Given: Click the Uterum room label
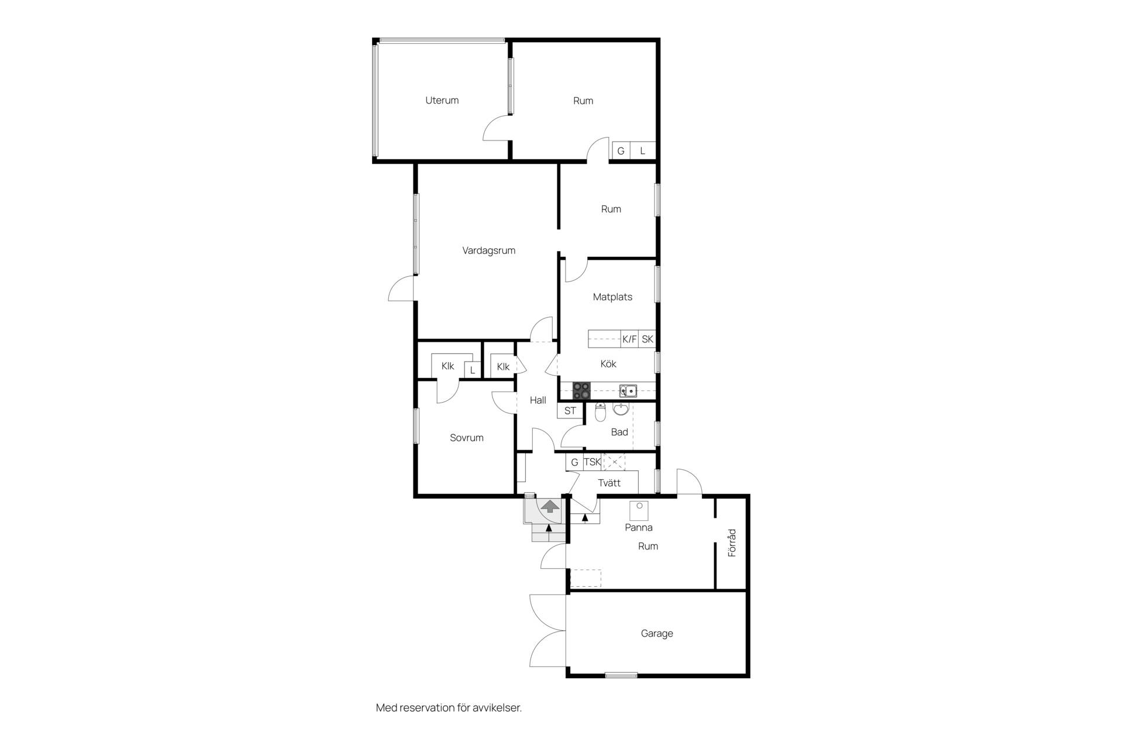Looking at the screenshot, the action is click(x=442, y=100).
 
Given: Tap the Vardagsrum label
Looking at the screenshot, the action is click(x=488, y=250).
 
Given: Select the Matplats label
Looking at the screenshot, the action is click(x=612, y=297).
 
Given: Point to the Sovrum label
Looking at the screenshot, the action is click(x=466, y=438).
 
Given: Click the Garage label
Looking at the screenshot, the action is click(x=657, y=633).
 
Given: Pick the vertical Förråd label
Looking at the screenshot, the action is click(x=732, y=542).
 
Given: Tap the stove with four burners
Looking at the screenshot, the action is click(x=581, y=390).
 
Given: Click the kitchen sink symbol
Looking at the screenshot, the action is click(x=628, y=390).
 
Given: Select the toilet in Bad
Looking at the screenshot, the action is click(x=600, y=413).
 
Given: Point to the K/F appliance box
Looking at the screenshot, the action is click(x=629, y=339).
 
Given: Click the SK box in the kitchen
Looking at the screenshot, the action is click(x=647, y=339).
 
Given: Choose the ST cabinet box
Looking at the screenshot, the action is click(x=570, y=411).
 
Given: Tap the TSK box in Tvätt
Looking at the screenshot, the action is click(x=592, y=462).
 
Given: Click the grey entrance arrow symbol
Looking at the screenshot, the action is click(x=549, y=506).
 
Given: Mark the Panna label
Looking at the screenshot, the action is click(x=638, y=527).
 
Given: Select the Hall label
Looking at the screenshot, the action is click(x=538, y=400).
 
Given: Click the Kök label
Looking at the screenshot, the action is click(x=608, y=364).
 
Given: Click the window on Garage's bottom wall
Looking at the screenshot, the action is click(x=621, y=675).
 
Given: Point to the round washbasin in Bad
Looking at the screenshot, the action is click(x=621, y=409).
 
